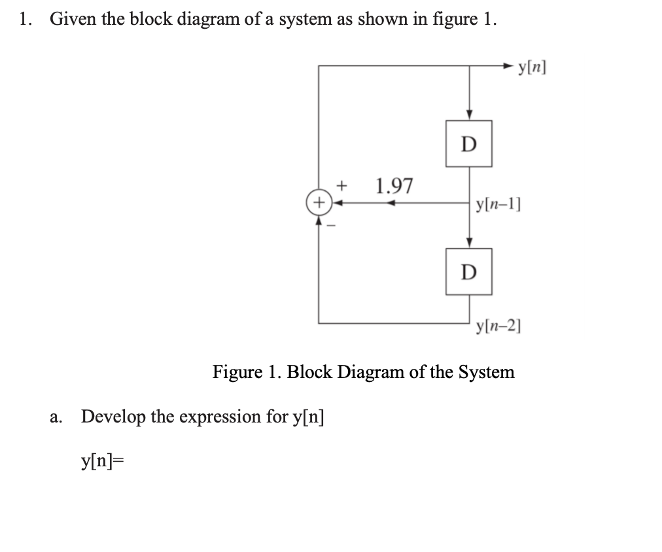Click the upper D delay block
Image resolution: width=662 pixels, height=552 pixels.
(468, 143)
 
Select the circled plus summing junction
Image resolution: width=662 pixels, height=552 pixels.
(319, 203)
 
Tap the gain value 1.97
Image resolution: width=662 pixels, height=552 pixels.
(394, 186)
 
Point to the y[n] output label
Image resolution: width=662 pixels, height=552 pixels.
(531, 66)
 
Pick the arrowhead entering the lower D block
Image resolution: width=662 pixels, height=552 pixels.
(469, 243)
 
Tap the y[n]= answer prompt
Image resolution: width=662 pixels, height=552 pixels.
(102, 462)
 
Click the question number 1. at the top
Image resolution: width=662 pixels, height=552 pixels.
(26, 19)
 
